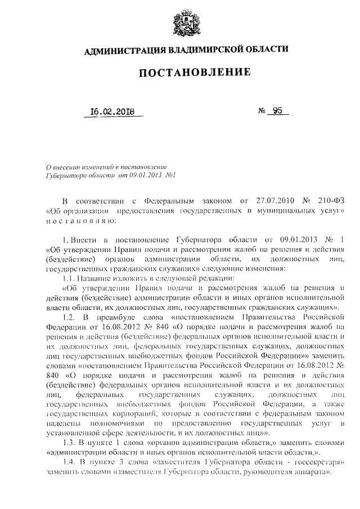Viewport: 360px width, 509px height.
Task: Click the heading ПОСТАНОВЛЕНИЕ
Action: (x=186, y=73)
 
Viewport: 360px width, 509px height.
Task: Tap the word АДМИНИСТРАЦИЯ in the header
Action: (x=121, y=50)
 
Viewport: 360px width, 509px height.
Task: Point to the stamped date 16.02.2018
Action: (x=112, y=111)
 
